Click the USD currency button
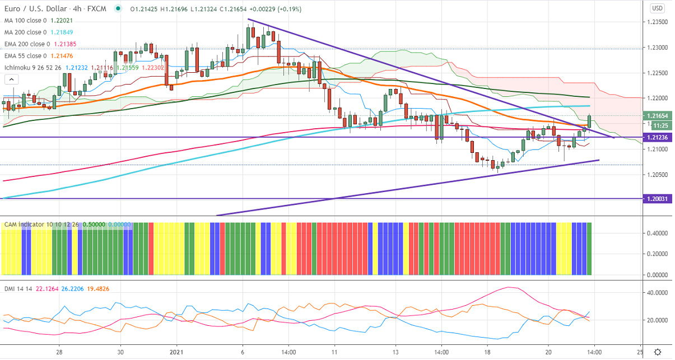coord(658,8)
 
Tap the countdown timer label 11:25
coord(659,125)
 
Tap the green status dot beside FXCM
coord(118,9)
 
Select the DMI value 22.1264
coord(47,288)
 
